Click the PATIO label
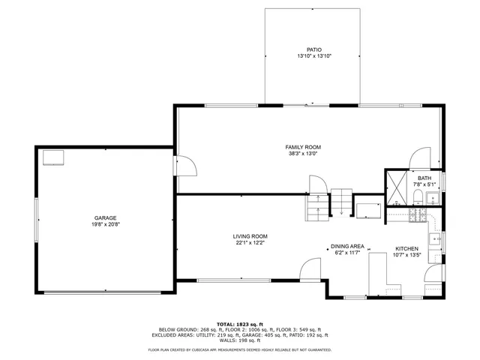click(x=313, y=49)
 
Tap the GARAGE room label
click(x=104, y=218)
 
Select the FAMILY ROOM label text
click(x=303, y=147)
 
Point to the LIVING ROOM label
click(x=250, y=236)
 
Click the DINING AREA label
click(x=348, y=246)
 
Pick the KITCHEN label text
click(x=407, y=248)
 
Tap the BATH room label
click(x=424, y=178)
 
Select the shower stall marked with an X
click(x=394, y=188)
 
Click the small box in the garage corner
click(x=54, y=157)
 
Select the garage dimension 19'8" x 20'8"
click(x=104, y=225)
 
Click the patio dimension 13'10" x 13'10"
click(x=313, y=56)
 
